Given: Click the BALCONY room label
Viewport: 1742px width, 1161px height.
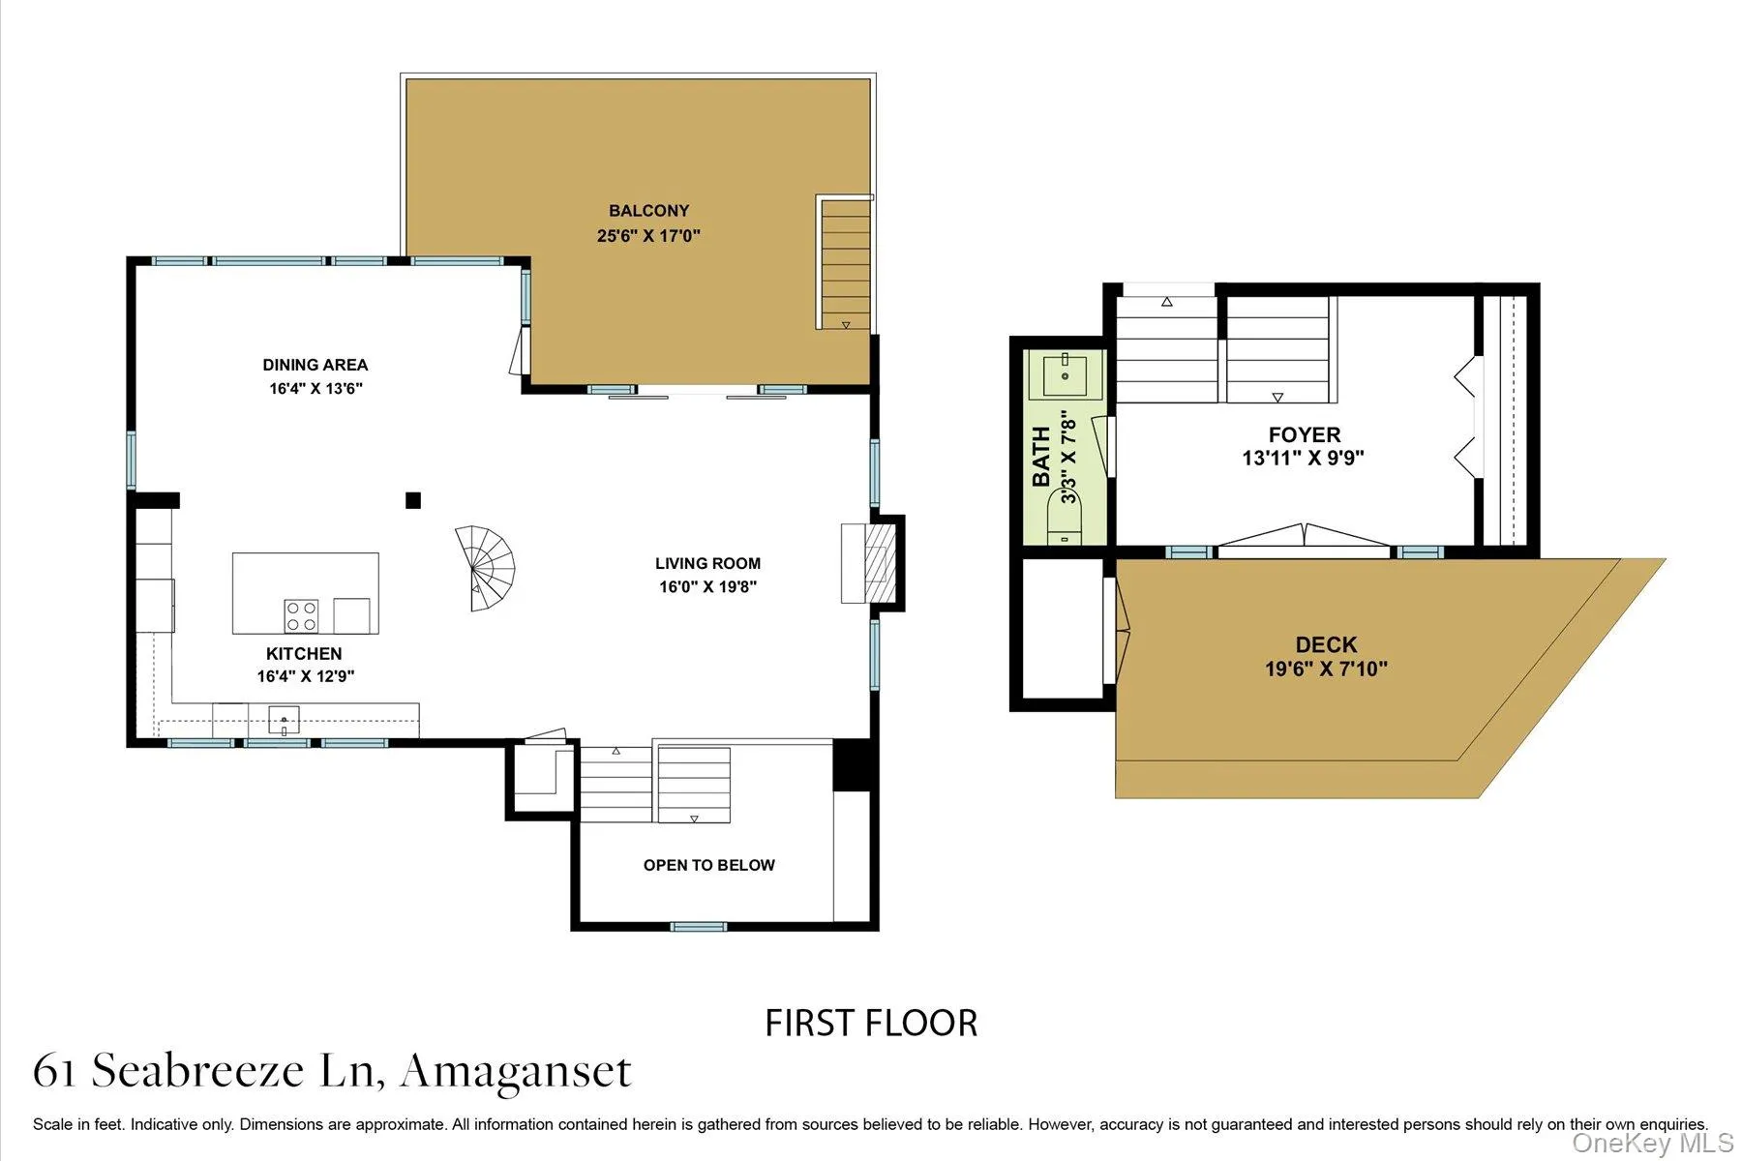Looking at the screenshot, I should [x=648, y=210].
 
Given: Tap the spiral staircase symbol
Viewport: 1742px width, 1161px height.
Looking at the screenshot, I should [x=488, y=568].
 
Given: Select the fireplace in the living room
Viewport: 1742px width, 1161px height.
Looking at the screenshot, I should [x=871, y=563].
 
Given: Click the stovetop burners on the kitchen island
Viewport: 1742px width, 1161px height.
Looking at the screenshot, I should [x=301, y=615].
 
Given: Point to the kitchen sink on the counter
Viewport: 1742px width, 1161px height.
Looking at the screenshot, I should [x=284, y=721].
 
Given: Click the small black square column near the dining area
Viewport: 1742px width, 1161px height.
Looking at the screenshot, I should [x=413, y=500].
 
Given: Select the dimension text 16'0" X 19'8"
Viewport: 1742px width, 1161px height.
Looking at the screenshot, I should [x=707, y=586].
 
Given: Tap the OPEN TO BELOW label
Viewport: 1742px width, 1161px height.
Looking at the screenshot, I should [x=708, y=865].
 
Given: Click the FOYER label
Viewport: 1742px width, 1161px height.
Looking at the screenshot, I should [x=1305, y=434].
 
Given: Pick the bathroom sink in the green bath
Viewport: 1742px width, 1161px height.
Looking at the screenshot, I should [x=1065, y=375].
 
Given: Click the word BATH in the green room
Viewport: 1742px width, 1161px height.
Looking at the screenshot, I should [x=1041, y=457].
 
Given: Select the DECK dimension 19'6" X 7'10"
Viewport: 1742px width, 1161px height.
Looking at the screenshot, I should [x=1326, y=669].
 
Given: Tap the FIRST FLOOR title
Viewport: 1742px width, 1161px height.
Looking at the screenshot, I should [x=871, y=1024].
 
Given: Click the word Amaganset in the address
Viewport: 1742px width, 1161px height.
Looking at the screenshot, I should [x=516, y=1071].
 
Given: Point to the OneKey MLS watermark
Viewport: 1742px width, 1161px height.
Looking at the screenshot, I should [x=1653, y=1144].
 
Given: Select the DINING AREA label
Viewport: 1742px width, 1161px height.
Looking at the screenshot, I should [x=315, y=365].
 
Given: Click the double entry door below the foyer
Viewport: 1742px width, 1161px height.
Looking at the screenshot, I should [x=1304, y=538].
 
